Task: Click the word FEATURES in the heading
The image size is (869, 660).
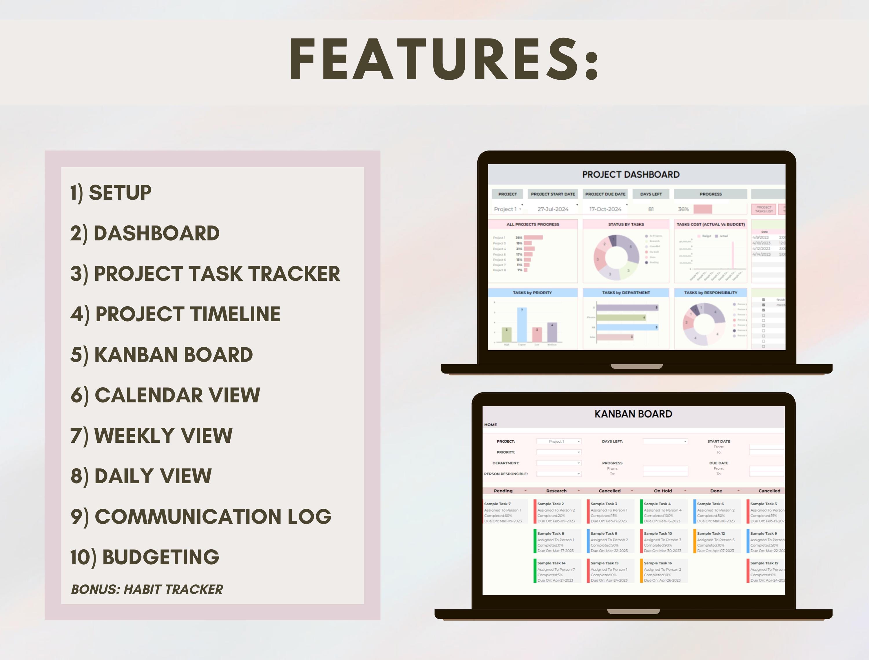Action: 443,60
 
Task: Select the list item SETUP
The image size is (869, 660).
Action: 111,192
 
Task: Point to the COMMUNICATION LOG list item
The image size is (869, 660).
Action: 201,516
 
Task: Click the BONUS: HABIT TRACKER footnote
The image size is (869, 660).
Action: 147,589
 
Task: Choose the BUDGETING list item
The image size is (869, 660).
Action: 145,557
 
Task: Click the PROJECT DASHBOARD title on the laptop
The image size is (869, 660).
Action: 631,174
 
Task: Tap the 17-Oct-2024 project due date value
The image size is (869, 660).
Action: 605,209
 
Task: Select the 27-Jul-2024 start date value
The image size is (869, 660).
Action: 553,209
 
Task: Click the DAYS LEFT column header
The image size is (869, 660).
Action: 651,194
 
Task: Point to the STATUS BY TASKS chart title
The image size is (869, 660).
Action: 626,224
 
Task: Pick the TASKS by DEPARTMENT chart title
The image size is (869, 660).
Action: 626,293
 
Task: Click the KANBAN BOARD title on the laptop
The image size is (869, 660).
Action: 633,414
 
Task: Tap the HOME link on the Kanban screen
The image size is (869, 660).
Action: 490,425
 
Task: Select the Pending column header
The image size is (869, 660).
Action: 503,491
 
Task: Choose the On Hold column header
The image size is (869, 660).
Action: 663,491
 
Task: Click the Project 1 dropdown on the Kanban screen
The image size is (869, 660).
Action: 558,442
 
